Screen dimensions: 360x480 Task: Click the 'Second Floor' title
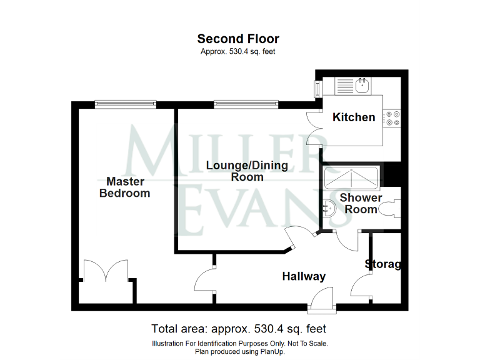(x=238, y=39)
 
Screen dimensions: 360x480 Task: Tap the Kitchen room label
(x=354, y=117)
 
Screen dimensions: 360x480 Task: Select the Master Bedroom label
(x=125, y=187)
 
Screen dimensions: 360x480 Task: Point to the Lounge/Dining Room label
(x=247, y=171)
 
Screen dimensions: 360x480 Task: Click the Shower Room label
(x=361, y=204)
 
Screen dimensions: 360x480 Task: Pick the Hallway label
(x=304, y=276)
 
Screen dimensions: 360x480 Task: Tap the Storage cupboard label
(x=382, y=264)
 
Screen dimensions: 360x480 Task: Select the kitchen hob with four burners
(x=393, y=118)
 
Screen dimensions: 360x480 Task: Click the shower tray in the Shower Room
(x=352, y=177)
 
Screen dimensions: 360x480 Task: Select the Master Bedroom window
(x=126, y=104)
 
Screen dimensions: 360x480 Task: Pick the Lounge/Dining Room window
(x=244, y=104)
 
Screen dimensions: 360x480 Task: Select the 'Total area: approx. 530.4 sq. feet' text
(x=238, y=329)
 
